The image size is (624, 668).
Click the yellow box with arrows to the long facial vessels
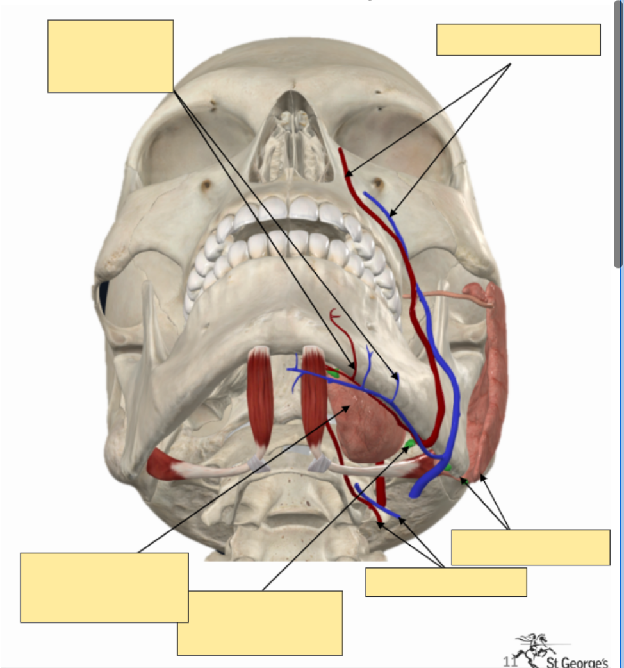pos(518,40)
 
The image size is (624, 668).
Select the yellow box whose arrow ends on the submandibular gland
pos(104,587)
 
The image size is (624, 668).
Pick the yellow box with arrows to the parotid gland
pos(530,547)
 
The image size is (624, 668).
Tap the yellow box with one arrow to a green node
pos(259,622)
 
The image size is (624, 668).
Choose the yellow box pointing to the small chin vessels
pos(110,56)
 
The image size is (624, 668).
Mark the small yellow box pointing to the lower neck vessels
pos(445,582)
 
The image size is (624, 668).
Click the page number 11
pos(510,661)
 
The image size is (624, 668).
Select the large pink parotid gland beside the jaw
pos(488,378)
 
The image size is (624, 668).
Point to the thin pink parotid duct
pos(436,296)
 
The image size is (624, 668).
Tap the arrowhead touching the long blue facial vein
pos(392,213)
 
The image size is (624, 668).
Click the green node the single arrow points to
pos(407,444)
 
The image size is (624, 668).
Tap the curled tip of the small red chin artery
pos(333,313)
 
